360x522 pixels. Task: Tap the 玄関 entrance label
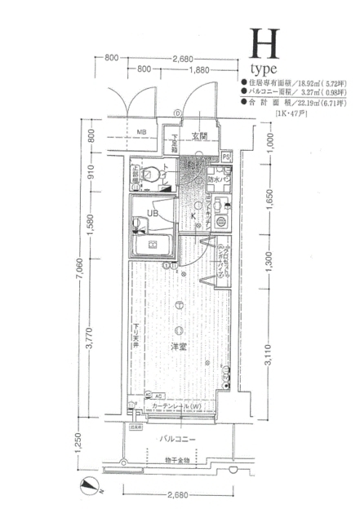pyautogui.click(x=199, y=136)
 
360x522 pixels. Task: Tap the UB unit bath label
pyautogui.click(x=153, y=214)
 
